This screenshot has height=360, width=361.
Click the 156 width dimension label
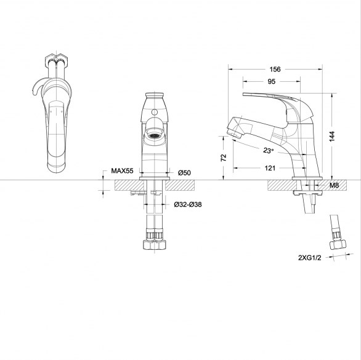pyautogui.click(x=275, y=70)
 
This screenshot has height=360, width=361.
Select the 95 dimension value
pyautogui.click(x=272, y=81)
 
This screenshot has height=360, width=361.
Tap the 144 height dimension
pyautogui.click(x=332, y=137)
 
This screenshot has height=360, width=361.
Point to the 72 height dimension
pyautogui.click(x=224, y=158)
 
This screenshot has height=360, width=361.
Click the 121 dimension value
pyautogui.click(x=270, y=168)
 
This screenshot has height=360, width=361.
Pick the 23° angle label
pyautogui.click(x=269, y=150)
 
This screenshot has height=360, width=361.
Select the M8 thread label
pyautogui.click(x=334, y=185)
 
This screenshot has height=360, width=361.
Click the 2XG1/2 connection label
pyautogui.click(x=309, y=258)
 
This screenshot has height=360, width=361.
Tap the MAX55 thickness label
pyautogui.click(x=122, y=170)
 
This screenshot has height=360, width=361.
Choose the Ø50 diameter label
pyautogui.click(x=184, y=172)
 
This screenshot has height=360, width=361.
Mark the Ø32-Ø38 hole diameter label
pyautogui.click(x=188, y=204)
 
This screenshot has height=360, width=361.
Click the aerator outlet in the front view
pyautogui.click(x=154, y=135)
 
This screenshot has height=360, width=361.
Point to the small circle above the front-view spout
pyautogui.click(x=155, y=112)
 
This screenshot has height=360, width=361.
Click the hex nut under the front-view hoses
pyautogui.click(x=154, y=245)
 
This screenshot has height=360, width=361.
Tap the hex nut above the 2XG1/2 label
pyautogui.click(x=338, y=245)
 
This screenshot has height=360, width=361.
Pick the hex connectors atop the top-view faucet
pyautogui.click(x=56, y=60)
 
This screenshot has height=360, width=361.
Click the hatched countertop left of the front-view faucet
pyautogui.click(x=129, y=185)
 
